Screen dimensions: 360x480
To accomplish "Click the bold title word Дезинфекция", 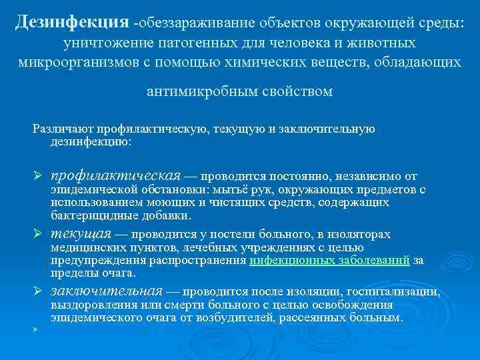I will [71, 23].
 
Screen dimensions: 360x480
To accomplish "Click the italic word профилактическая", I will [115, 176].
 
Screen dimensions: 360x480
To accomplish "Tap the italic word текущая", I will [80, 234].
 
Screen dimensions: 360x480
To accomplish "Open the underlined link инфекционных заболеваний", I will [329, 261].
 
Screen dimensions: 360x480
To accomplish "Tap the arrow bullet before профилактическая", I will [39, 177].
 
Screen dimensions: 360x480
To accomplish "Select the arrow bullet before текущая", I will [39, 235].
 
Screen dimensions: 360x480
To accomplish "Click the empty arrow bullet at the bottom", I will [39, 329].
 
